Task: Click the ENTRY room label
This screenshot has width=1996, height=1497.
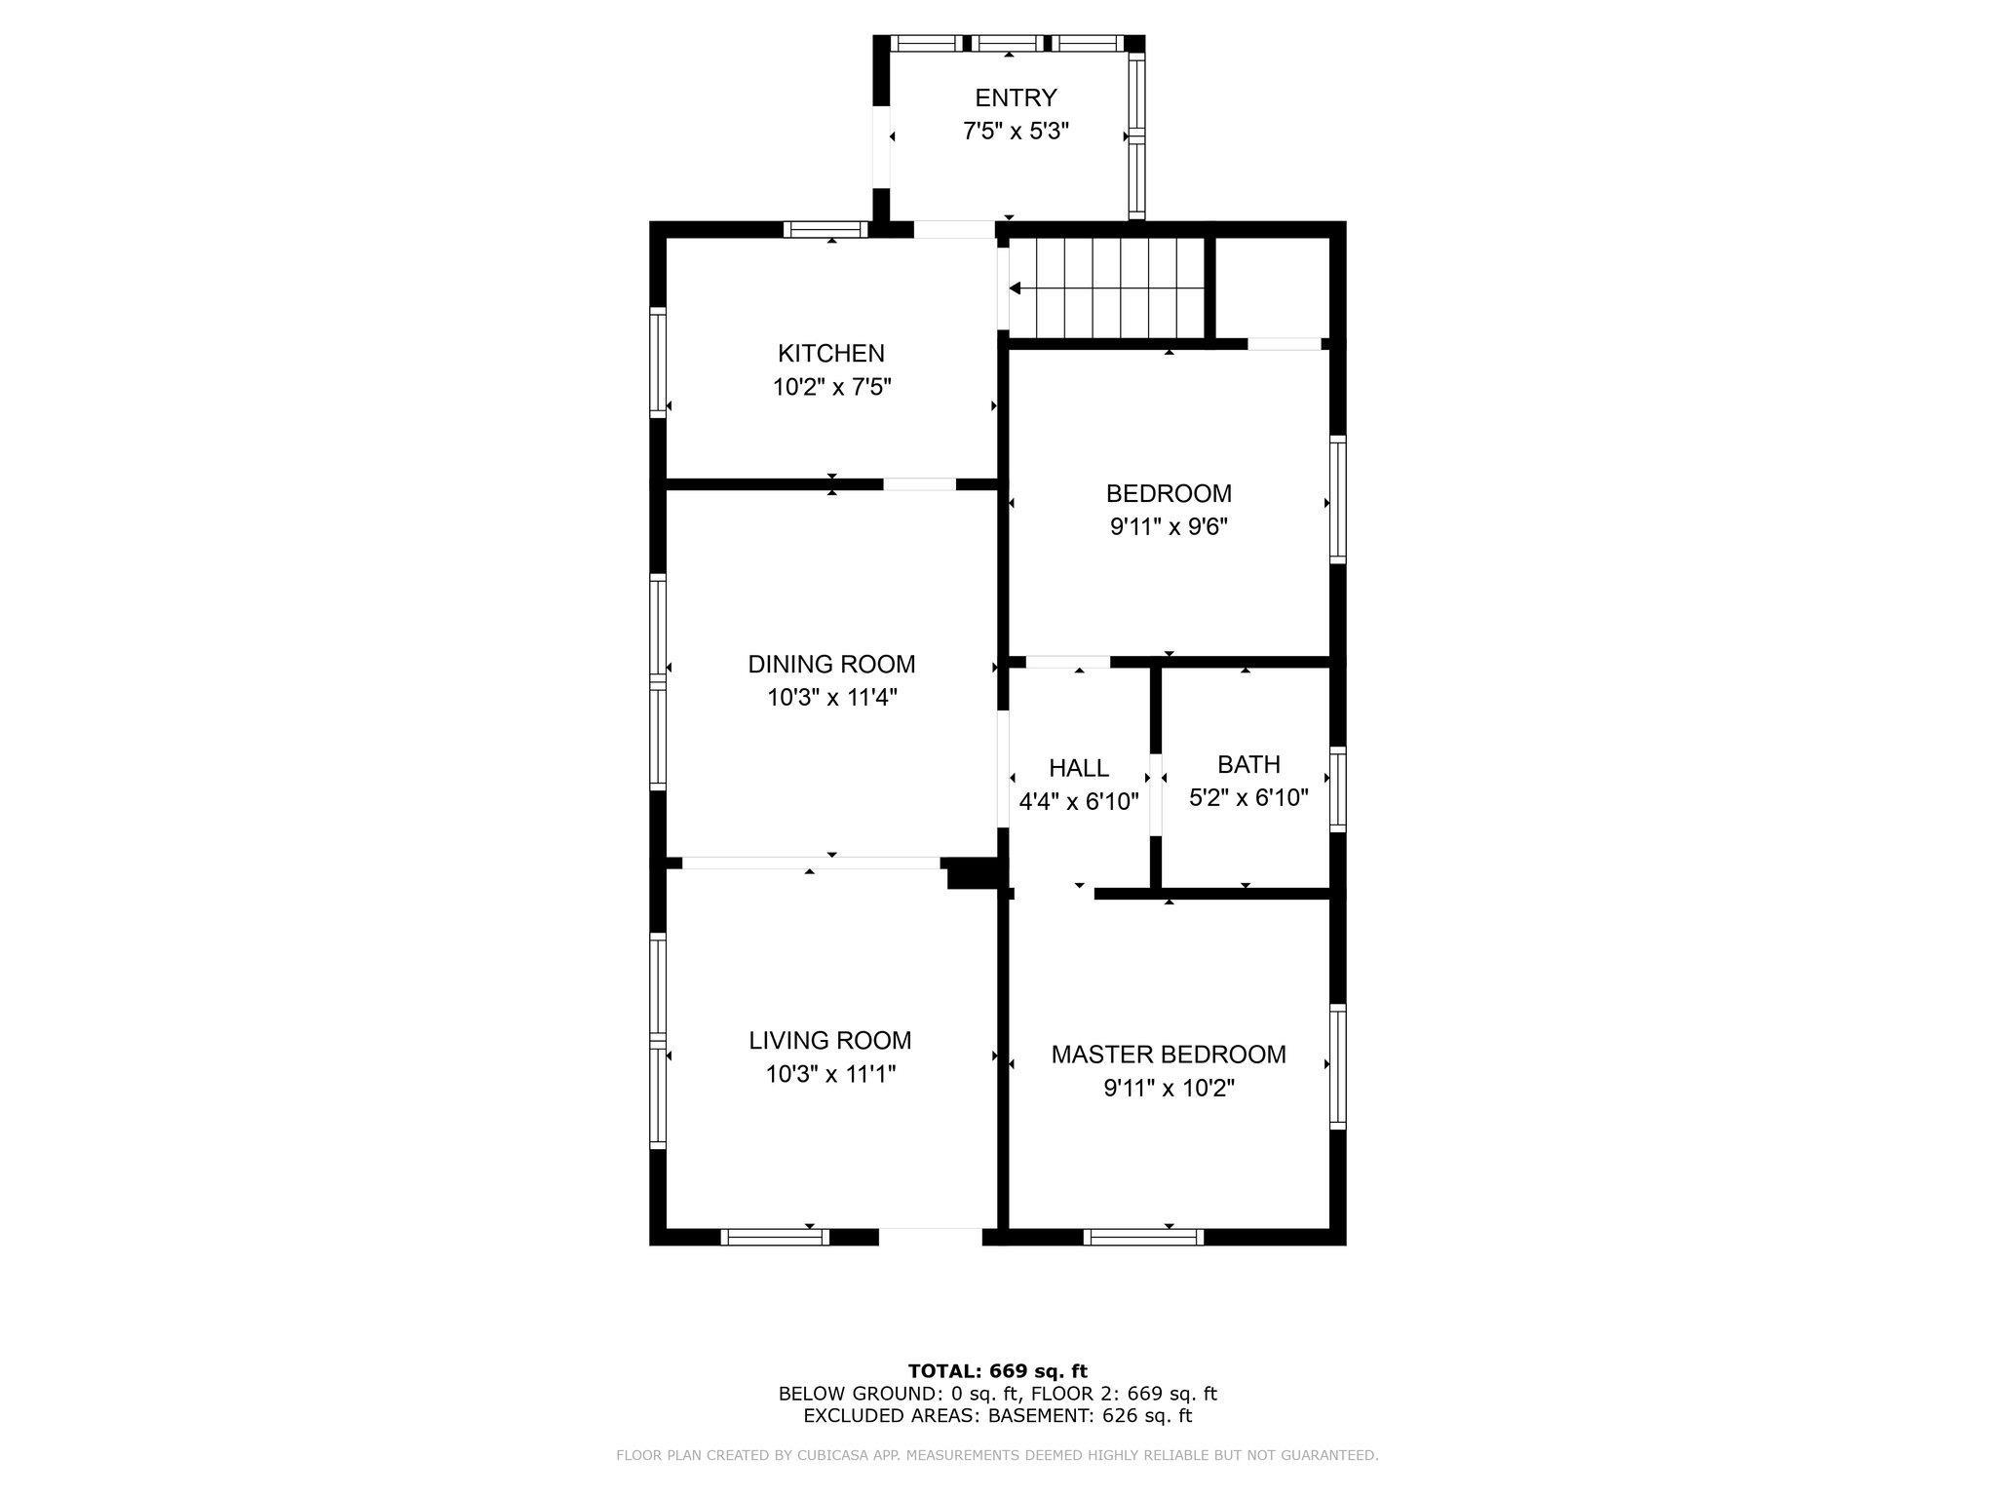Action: click(1016, 98)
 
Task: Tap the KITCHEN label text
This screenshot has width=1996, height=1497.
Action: click(830, 353)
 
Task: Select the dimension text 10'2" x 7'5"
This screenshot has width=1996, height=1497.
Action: click(831, 387)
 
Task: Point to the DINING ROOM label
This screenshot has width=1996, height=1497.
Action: click(831, 664)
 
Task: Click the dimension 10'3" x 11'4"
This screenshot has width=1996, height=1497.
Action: click(831, 698)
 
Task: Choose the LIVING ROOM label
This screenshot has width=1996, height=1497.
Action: click(830, 1040)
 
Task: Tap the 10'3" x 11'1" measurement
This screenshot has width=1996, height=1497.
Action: click(830, 1074)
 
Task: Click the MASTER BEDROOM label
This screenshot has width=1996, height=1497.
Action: click(1169, 1055)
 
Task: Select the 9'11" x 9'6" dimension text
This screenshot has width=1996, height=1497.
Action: click(1169, 527)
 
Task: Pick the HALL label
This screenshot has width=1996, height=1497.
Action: click(1079, 768)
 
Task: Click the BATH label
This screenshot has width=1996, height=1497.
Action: click(1248, 764)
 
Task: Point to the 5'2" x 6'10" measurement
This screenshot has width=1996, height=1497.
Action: click(1248, 798)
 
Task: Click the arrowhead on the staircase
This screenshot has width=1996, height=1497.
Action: click(1015, 288)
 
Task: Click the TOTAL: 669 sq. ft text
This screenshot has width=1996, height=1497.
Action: click(997, 1371)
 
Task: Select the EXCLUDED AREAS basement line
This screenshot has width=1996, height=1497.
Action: click(997, 1416)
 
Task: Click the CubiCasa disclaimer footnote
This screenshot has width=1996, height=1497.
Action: click(997, 1455)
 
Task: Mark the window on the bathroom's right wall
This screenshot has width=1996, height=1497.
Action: click(1338, 789)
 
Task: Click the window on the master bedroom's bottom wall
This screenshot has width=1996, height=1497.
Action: click(1143, 1237)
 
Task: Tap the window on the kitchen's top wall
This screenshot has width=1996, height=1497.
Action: click(825, 230)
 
